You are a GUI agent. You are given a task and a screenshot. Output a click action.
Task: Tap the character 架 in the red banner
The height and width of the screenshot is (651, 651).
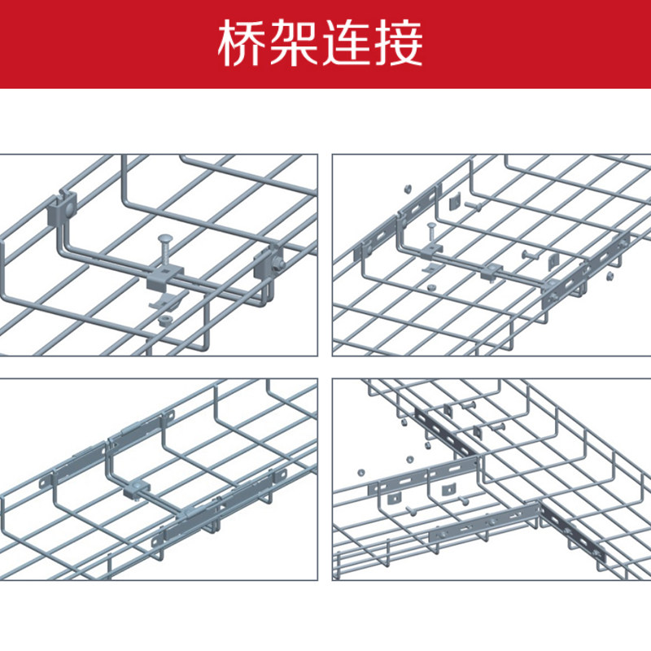(x=297, y=44)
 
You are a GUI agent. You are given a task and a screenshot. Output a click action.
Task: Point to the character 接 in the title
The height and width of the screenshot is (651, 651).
(x=402, y=44)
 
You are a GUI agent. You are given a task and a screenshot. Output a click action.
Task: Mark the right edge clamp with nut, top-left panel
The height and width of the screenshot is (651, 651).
(x=268, y=264)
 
